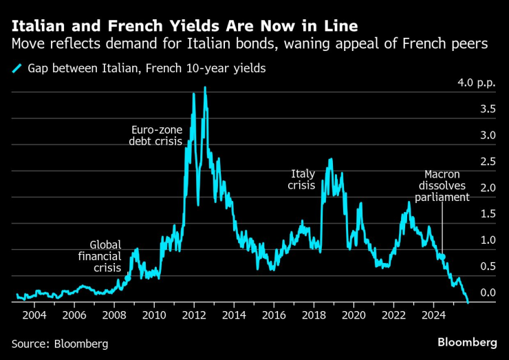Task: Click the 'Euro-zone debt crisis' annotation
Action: [x=155, y=135]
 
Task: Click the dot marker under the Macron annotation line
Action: [x=443, y=257]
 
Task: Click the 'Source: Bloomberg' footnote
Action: [x=60, y=343]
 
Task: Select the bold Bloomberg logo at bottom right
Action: [x=467, y=342]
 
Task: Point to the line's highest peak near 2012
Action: [x=205, y=87]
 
